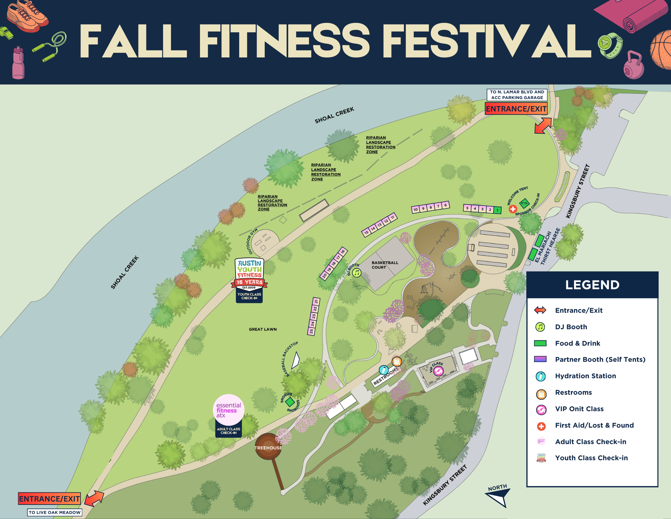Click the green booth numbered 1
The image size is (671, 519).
(x=498, y=211)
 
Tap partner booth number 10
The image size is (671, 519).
(x=416, y=209)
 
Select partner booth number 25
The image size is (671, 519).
(x=311, y=331)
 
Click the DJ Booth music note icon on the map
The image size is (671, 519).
(x=357, y=273)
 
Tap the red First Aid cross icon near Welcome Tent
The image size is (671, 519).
(x=513, y=209)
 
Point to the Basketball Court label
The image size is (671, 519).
(x=384, y=265)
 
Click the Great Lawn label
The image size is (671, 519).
(x=263, y=329)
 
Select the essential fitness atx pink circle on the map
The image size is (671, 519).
(x=228, y=410)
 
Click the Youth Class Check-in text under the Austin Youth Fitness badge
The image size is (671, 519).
(x=249, y=296)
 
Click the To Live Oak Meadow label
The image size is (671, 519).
(x=55, y=512)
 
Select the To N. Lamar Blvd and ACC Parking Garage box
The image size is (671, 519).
(x=517, y=95)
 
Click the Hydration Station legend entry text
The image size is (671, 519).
(x=585, y=376)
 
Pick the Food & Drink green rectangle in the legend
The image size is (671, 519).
(x=540, y=343)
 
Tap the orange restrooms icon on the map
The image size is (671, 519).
(x=397, y=361)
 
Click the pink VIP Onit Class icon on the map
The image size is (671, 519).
(x=438, y=371)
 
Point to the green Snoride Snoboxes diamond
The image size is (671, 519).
(x=290, y=402)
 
